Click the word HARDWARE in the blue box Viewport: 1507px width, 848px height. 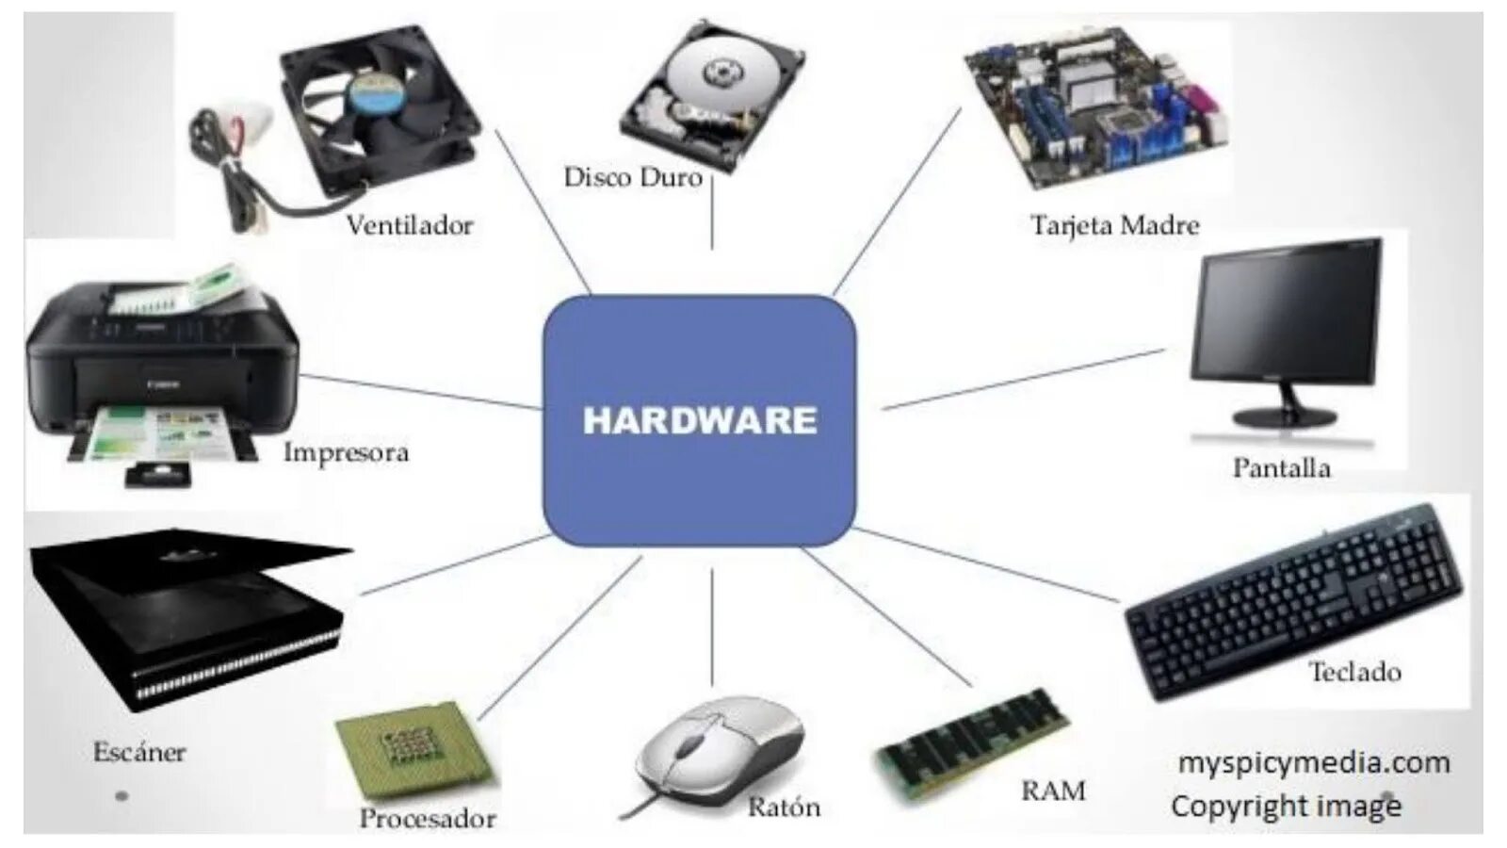click(699, 420)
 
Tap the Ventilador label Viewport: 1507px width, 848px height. click(410, 225)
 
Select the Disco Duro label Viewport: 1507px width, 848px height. click(633, 177)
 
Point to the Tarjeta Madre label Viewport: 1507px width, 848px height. click(1114, 225)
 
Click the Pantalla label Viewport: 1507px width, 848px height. click(1281, 467)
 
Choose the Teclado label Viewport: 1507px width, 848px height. click(1354, 672)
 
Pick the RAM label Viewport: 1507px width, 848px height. click(1053, 791)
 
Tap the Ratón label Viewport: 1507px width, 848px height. click(784, 807)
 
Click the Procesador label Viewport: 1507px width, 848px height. click(428, 818)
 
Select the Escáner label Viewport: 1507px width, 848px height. click(139, 752)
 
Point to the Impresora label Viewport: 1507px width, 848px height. click(347, 452)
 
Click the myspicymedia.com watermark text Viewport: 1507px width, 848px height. click(1313, 762)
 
